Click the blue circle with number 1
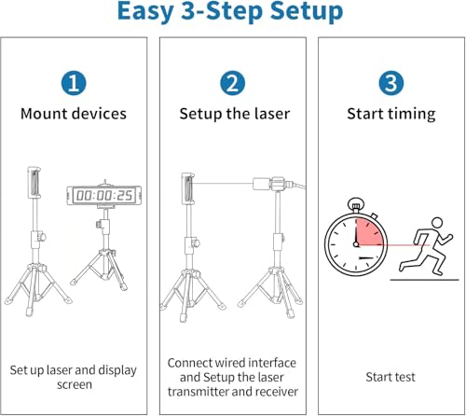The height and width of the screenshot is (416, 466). click(74, 83)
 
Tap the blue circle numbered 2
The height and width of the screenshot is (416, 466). click(232, 83)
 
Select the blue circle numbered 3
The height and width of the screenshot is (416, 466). click(391, 83)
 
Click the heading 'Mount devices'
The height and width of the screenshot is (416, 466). click(74, 114)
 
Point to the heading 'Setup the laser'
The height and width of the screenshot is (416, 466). click(235, 114)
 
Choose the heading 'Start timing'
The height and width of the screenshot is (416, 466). click(391, 114)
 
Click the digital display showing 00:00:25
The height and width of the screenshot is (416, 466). click(104, 196)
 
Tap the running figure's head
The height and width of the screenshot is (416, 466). click(437, 223)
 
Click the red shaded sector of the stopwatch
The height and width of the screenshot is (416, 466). click(369, 231)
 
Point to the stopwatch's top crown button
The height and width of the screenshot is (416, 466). click(356, 205)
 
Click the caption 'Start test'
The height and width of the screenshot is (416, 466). click(391, 377)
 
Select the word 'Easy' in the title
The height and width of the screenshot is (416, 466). click(145, 12)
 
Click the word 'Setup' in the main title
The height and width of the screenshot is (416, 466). click(307, 12)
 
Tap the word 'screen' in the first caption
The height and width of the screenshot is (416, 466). click(75, 384)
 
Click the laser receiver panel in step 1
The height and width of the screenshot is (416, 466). click(34, 183)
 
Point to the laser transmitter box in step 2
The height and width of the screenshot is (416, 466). click(262, 184)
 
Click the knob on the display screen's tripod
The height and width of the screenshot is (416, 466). click(99, 223)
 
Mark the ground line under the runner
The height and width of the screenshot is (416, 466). click(424, 280)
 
